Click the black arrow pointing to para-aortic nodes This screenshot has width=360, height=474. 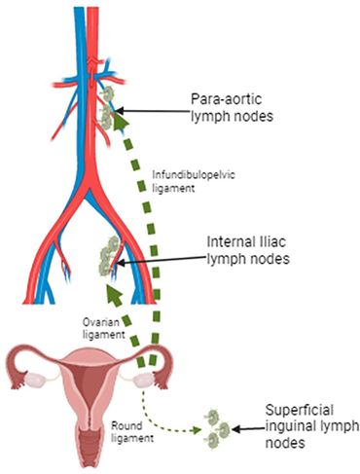point(156,114)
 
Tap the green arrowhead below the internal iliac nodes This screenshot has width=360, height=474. point(112,291)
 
